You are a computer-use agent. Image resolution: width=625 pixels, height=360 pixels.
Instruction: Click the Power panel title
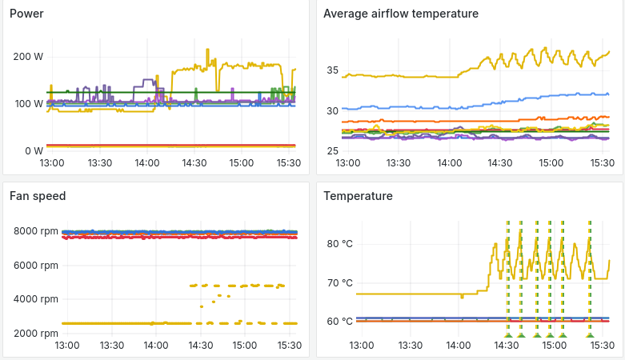click(x=26, y=14)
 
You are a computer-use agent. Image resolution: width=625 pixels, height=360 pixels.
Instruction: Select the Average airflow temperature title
click(x=401, y=14)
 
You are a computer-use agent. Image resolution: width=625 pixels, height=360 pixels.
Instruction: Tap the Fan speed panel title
click(x=38, y=195)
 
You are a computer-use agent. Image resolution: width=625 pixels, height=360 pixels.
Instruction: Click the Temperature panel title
click(x=358, y=195)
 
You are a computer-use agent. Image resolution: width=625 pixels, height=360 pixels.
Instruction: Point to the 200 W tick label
click(x=28, y=57)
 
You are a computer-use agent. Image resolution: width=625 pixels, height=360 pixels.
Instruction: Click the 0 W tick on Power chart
click(x=34, y=151)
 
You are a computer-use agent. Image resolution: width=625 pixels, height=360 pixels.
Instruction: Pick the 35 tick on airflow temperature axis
click(x=333, y=70)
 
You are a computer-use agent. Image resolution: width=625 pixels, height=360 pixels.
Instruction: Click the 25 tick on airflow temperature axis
click(x=333, y=151)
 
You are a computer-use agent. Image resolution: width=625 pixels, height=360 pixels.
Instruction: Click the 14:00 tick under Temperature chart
click(x=458, y=346)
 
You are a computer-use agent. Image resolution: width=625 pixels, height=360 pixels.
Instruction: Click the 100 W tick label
click(x=28, y=104)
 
